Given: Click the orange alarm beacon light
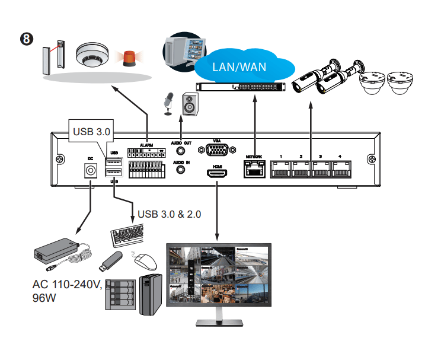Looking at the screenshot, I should pyautogui.click(x=129, y=57).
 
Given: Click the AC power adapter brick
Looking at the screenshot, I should pyautogui.click(x=56, y=249).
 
